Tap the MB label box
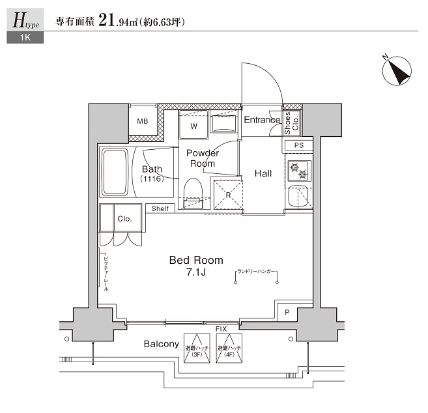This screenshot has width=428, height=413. point(142,121)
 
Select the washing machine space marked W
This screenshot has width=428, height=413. point(193,125)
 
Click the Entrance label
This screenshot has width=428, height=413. point(261,120)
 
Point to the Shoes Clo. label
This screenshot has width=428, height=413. point(292,121)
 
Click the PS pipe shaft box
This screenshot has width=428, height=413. point(298,145)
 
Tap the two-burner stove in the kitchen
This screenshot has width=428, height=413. point(299,170)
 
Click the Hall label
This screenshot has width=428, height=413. point(263,173)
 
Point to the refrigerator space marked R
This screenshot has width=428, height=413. point(228,195)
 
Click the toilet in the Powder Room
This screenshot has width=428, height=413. point(193,193)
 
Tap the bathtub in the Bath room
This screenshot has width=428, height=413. point(115,172)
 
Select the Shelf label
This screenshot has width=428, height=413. point(160,208)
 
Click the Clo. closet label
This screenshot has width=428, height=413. point(124,219)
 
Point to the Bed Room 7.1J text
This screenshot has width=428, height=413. point(196,265)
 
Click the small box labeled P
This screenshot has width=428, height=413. point(287,313)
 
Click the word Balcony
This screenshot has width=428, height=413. point(162,344)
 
